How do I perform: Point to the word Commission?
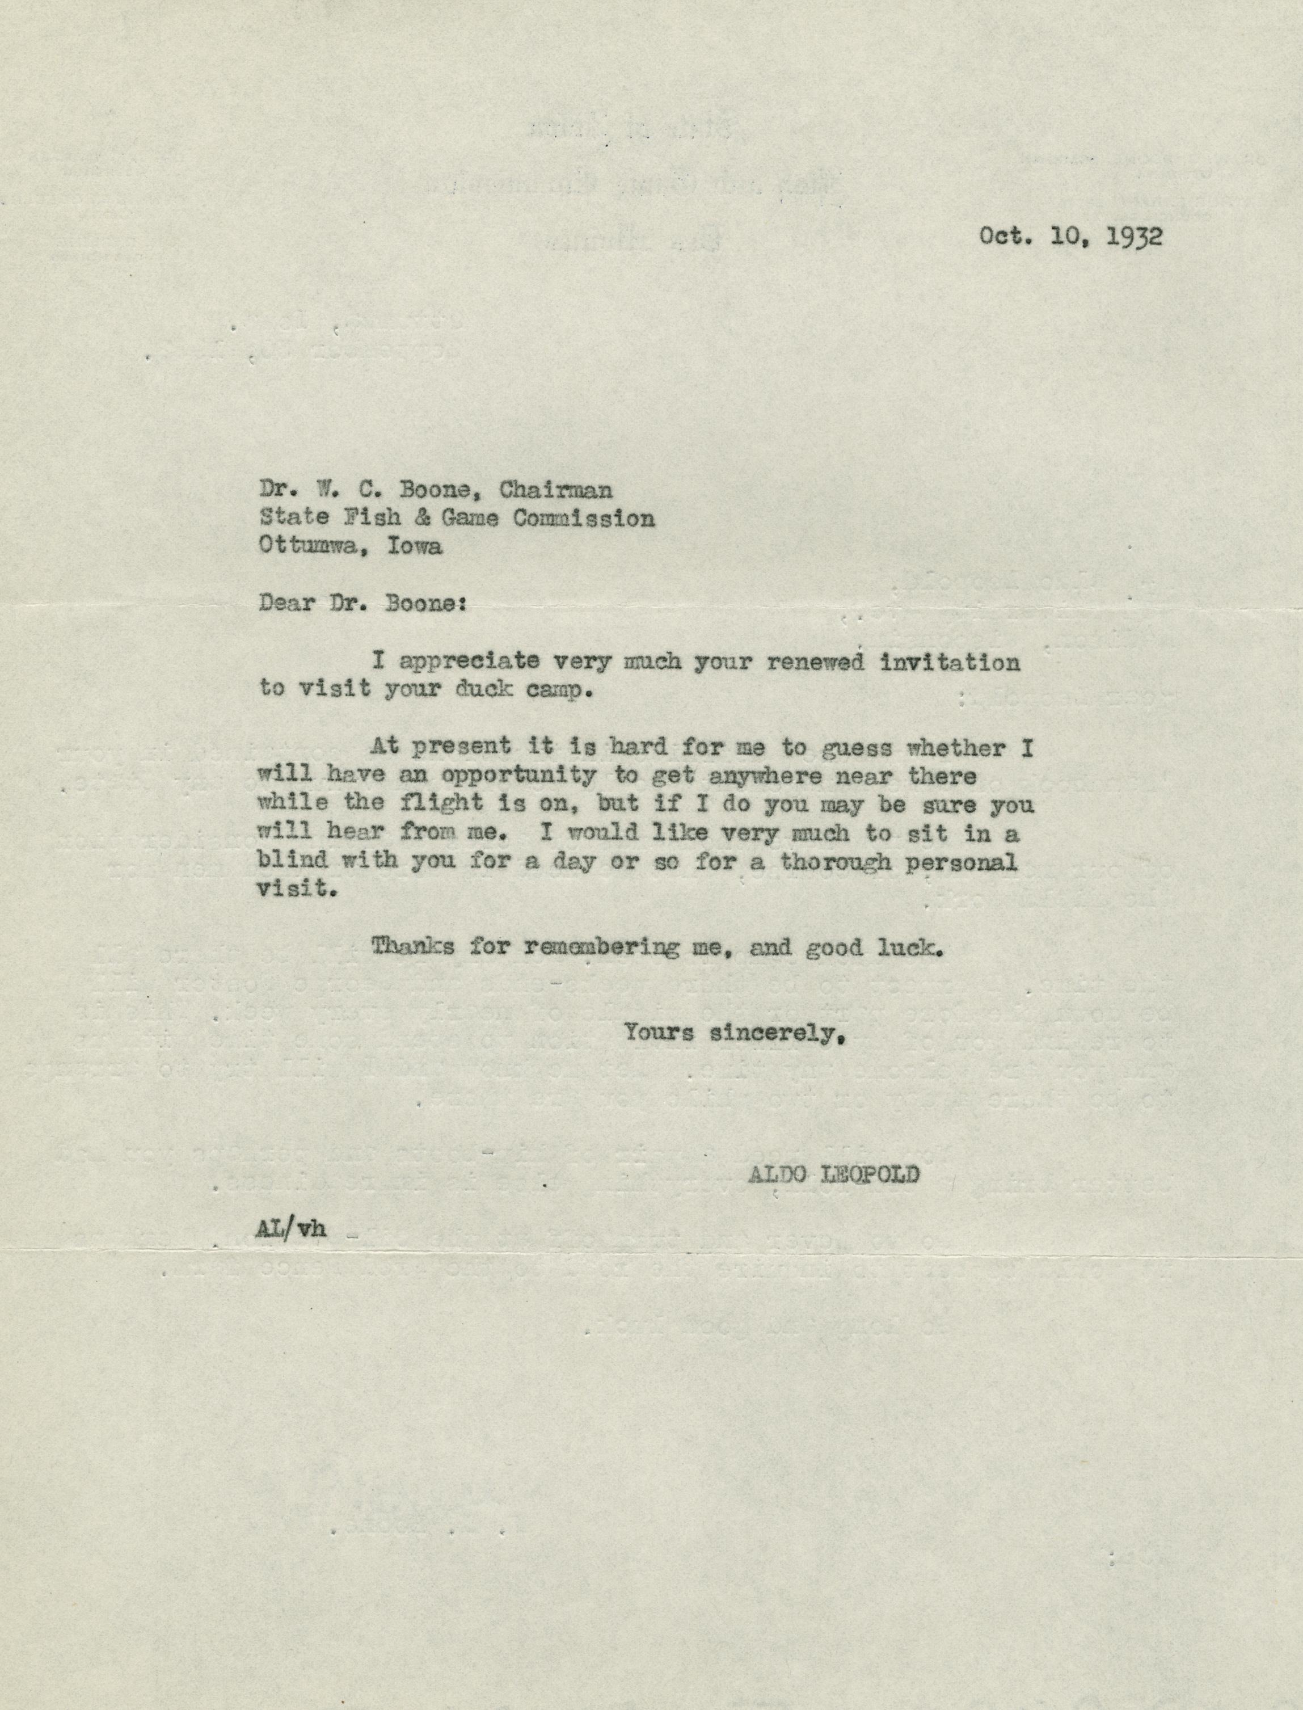pos(583,518)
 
